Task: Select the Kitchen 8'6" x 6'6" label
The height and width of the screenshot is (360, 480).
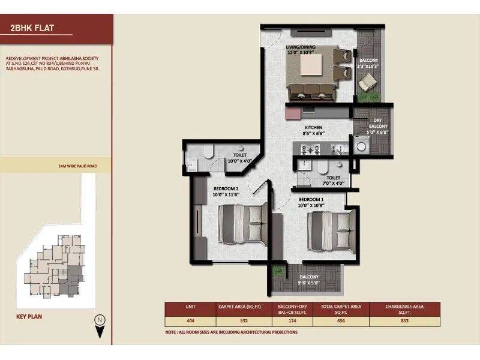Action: click(x=313, y=131)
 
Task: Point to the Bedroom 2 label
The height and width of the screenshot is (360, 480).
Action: click(x=226, y=191)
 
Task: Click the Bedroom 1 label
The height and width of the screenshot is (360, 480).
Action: click(x=311, y=202)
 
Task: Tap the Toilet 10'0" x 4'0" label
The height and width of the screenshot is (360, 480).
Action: click(x=239, y=157)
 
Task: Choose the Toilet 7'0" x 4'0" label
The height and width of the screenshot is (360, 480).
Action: click(x=334, y=181)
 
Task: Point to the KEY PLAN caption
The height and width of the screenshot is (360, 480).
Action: click(x=29, y=316)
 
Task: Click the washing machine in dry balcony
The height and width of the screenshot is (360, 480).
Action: click(x=361, y=145)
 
